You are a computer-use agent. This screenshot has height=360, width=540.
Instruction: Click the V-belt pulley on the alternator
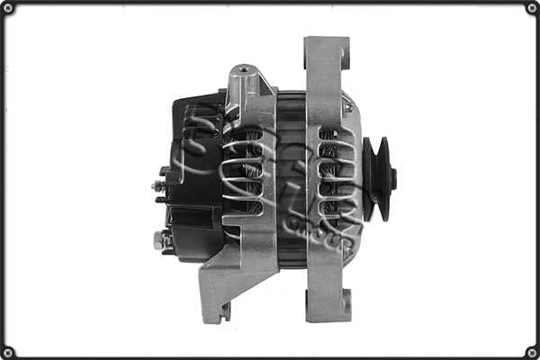click(377, 178)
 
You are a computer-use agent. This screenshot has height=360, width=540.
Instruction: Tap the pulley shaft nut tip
click(393, 178)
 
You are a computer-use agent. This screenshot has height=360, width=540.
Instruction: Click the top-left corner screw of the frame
click(7, 8)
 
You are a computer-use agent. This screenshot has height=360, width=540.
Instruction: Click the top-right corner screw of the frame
click(532, 8)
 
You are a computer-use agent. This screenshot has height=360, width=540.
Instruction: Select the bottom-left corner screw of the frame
click(7, 352)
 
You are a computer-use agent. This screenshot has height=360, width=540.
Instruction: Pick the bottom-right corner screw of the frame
click(532, 352)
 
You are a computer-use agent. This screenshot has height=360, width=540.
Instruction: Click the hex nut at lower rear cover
click(159, 240)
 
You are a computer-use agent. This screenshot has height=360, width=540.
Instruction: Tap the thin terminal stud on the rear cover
click(157, 186)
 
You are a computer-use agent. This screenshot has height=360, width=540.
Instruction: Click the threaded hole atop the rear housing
click(242, 68)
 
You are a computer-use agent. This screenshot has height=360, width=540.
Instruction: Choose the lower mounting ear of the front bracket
click(328, 301)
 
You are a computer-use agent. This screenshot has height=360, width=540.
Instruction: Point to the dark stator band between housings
click(291, 180)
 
